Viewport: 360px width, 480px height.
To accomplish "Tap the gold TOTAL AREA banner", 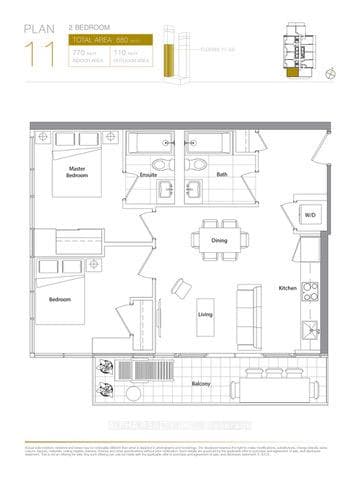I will tap(110, 39).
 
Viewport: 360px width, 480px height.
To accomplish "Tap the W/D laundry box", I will tap(311, 214).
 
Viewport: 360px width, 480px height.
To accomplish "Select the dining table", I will tap(213, 238).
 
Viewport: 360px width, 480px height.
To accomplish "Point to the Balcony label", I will tap(201, 383).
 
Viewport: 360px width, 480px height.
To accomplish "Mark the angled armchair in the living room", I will tap(179, 288).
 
